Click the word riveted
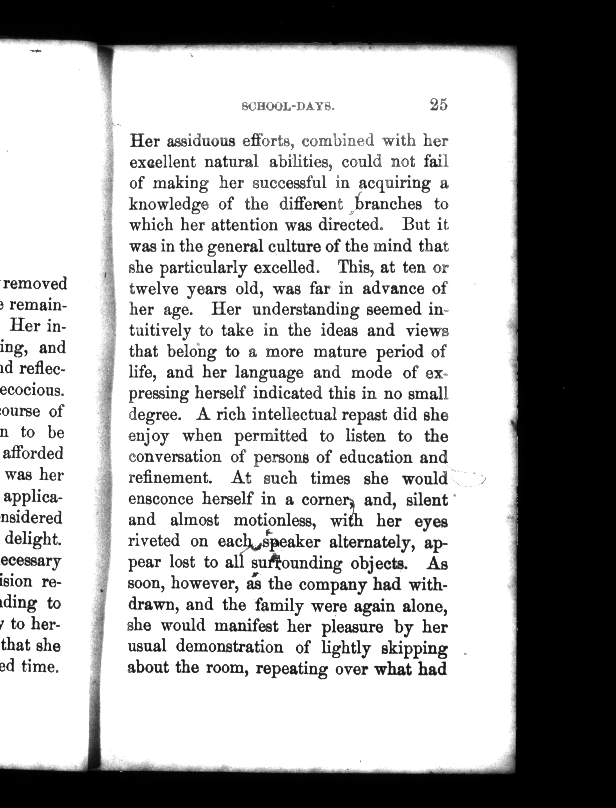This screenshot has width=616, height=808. pos(154,541)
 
